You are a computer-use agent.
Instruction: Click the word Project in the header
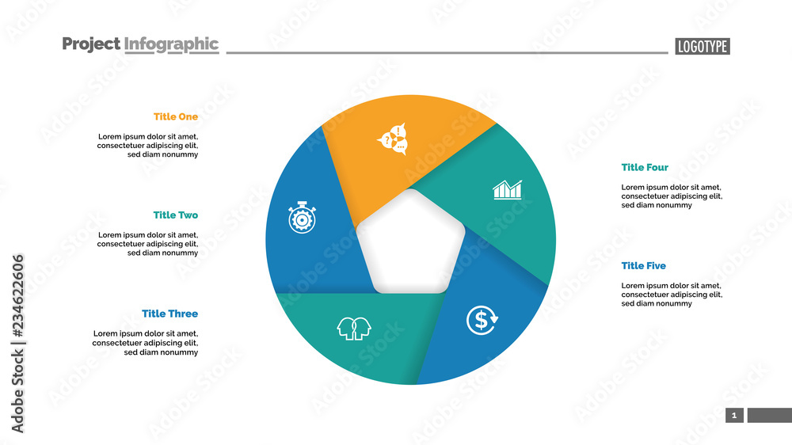(91, 44)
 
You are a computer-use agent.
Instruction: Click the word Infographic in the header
(171, 44)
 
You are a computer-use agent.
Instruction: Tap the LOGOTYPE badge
(703, 46)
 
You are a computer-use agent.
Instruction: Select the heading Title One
(176, 117)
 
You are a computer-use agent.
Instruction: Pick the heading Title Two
(176, 215)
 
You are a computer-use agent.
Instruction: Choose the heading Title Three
(170, 314)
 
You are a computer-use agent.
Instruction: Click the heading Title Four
(645, 168)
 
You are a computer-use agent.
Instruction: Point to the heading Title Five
(644, 266)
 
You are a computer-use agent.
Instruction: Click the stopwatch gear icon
(303, 217)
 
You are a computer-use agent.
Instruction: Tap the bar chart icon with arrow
(508, 189)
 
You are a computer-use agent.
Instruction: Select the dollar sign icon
(482, 319)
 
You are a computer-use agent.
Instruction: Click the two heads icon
(354, 327)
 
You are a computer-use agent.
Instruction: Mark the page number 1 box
(734, 416)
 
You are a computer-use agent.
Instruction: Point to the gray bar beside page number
(769, 416)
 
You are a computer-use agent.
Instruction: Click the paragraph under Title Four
(672, 196)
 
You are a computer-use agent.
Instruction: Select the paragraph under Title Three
(146, 343)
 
